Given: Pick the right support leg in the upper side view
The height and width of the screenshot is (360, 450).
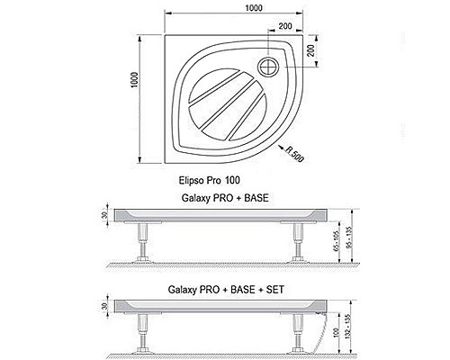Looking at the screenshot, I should pos(293,240).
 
